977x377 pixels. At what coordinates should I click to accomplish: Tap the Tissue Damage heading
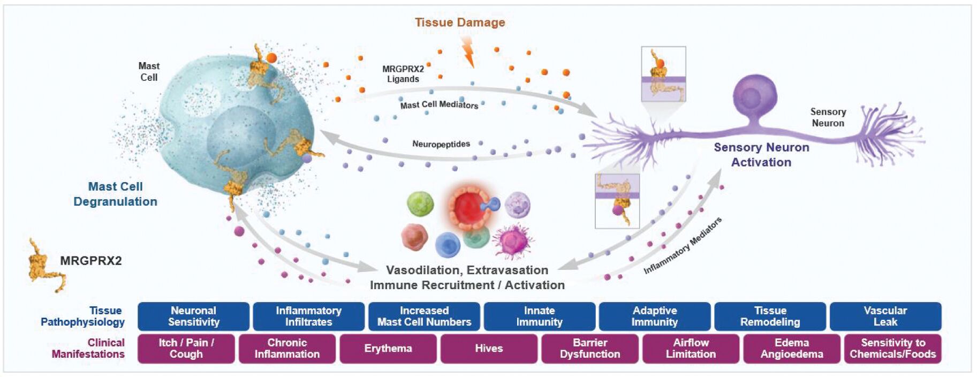click(460, 22)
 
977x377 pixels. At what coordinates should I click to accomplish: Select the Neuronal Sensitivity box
click(193, 316)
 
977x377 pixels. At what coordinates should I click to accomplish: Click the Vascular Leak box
click(885, 316)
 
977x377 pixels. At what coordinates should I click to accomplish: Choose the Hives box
click(489, 349)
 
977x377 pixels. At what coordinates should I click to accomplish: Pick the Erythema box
click(388, 349)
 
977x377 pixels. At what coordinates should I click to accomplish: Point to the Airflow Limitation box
click(691, 349)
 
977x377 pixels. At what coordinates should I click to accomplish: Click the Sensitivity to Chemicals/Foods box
click(892, 349)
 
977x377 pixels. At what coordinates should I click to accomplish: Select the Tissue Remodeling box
click(770, 316)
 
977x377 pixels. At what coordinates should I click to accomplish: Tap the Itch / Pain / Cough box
click(186, 349)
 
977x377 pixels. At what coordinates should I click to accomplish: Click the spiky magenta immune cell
click(512, 240)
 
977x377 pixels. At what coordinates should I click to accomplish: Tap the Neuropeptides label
click(441, 144)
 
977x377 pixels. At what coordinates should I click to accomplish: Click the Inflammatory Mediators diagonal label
click(683, 246)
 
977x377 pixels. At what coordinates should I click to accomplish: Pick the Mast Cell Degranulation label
click(115, 194)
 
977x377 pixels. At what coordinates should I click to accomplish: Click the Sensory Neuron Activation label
click(761, 155)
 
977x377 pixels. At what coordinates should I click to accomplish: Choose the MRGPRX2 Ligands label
click(403, 74)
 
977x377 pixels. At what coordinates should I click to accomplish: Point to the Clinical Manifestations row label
click(88, 349)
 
